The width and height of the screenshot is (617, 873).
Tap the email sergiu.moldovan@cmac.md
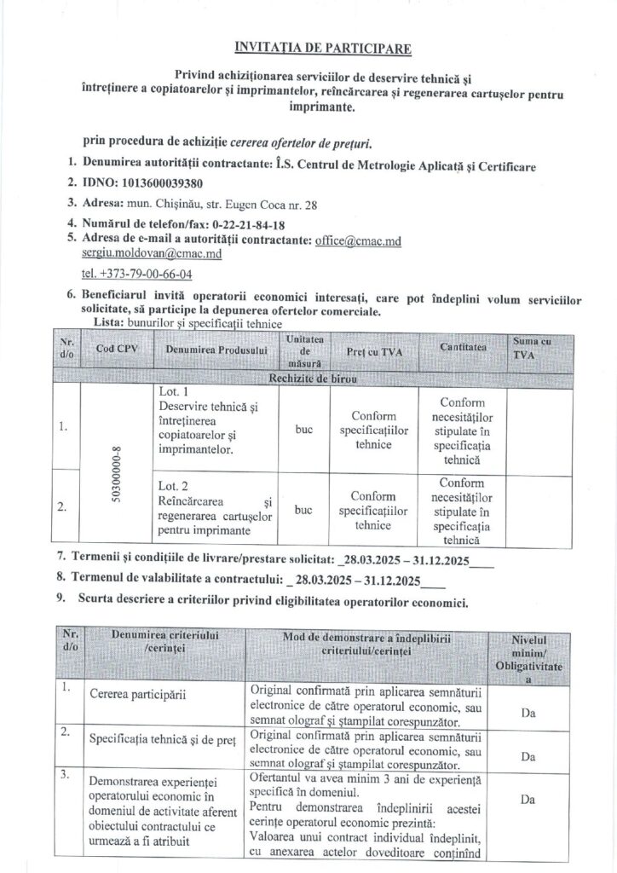point(152,254)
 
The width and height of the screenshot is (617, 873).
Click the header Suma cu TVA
point(531,350)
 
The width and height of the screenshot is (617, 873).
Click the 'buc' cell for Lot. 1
point(303,431)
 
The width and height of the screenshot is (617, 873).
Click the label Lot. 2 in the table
point(173,485)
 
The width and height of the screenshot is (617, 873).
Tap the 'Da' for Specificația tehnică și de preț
point(528,756)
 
